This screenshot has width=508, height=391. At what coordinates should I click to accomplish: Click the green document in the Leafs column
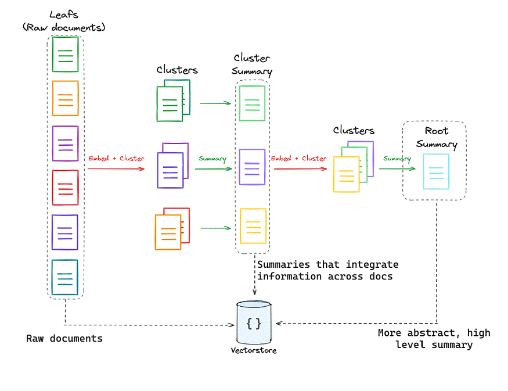click(65, 54)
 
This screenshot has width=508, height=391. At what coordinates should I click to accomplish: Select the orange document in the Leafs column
click(65, 98)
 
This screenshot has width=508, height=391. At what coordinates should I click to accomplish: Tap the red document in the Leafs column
click(65, 187)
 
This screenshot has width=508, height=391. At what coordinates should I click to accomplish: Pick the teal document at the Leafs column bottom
click(64, 277)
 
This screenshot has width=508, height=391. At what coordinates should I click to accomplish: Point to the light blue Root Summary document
click(435, 171)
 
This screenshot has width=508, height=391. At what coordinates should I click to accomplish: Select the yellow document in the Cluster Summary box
click(253, 225)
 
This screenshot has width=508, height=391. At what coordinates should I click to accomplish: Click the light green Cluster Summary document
click(253, 103)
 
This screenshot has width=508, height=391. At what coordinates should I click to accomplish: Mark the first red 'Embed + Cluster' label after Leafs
click(116, 158)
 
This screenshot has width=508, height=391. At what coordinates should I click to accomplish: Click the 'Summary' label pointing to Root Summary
click(397, 159)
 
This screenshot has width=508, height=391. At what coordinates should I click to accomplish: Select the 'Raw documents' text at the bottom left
click(64, 338)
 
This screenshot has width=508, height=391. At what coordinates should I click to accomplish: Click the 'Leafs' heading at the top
click(64, 14)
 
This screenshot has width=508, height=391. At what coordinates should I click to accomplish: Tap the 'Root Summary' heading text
click(436, 138)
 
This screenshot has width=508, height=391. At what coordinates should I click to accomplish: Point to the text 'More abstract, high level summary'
click(434, 339)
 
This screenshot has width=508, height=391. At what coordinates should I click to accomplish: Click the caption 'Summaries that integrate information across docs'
click(327, 270)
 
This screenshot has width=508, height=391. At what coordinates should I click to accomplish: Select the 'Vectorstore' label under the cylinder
click(254, 350)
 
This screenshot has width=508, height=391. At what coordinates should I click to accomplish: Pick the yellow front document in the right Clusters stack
click(346, 174)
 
